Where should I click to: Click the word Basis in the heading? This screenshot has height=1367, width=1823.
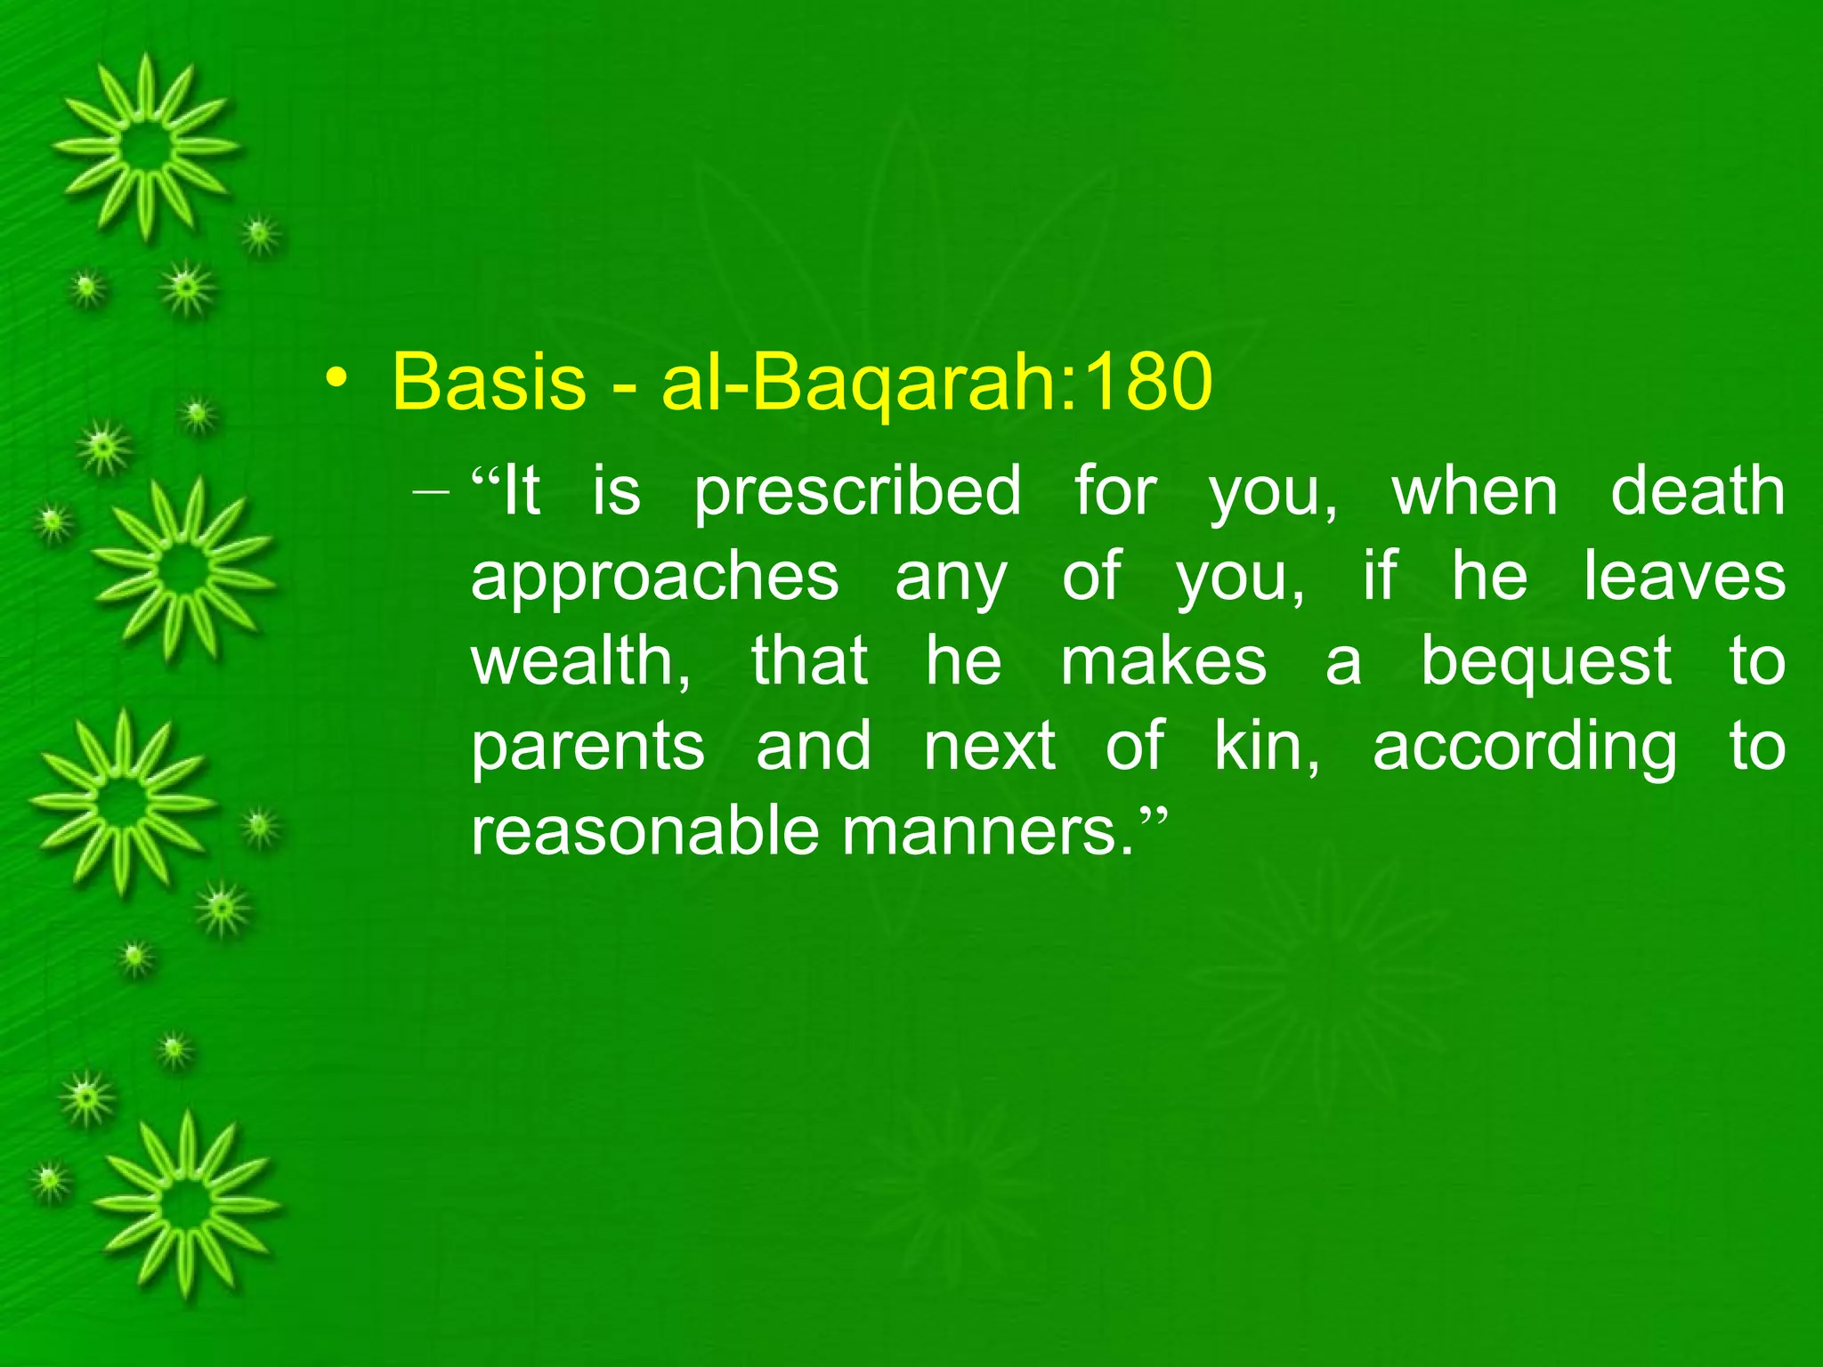pos(489,381)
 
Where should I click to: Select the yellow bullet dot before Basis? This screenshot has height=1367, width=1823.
pos(336,379)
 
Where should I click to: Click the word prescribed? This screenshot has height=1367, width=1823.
pos(857,492)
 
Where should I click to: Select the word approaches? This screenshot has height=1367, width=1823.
pos(654,577)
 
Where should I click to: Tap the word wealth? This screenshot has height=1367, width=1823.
pos(579,660)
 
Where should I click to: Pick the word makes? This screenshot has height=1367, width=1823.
pos(1163,662)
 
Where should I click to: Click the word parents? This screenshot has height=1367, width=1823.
pos(587,747)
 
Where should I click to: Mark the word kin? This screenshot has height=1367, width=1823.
pos(1267,745)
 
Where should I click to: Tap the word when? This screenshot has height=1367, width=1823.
pos(1475,492)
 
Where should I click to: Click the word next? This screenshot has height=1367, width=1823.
pos(989,747)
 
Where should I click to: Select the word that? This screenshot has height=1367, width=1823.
pos(809,660)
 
